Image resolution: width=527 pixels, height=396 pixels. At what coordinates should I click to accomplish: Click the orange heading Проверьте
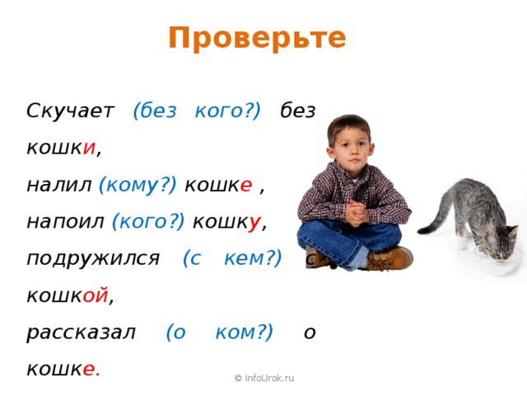[257, 38]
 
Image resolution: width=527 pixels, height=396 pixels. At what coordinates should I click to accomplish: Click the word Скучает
[68, 111]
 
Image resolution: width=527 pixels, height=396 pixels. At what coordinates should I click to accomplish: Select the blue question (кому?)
[137, 185]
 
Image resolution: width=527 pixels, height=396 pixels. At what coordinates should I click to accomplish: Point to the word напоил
[64, 221]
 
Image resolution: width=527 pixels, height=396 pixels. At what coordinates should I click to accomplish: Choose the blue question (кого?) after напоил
[147, 221]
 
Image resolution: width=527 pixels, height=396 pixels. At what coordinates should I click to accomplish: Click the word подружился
[92, 257]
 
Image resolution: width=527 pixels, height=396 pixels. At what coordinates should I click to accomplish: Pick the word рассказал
[80, 332]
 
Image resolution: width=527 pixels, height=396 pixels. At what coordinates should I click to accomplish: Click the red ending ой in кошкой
[95, 295]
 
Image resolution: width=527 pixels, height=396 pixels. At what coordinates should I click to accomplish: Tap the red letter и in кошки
[90, 149]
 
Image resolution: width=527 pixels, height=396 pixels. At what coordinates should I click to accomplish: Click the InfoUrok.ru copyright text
[263, 378]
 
